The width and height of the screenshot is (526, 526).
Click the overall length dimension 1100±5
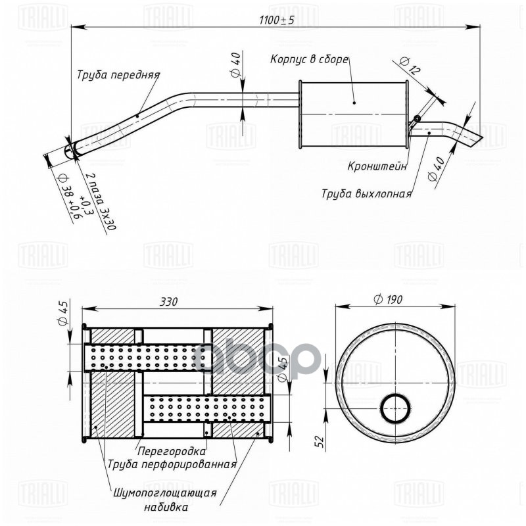point(277,20)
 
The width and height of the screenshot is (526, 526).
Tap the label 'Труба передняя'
point(118,75)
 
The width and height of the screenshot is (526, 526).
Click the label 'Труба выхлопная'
point(366,194)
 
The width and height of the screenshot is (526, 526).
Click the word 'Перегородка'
point(172,452)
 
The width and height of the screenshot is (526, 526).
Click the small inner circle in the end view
point(395,408)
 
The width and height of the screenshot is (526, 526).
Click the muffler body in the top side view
point(354,115)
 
